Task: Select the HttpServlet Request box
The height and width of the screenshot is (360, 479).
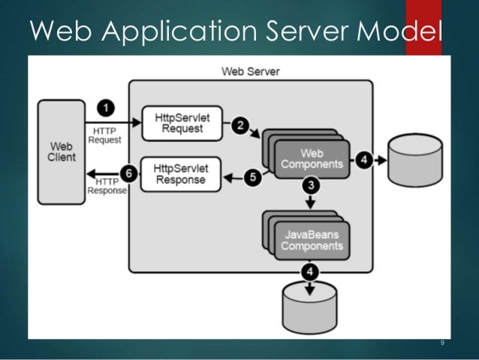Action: point(182,123)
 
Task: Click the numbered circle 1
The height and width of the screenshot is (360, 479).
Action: point(107,108)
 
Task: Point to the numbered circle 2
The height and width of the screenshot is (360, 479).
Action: point(240,126)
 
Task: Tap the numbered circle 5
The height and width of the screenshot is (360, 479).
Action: point(254,177)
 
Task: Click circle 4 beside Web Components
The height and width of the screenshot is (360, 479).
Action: point(363,160)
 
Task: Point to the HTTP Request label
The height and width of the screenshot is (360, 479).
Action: point(104,135)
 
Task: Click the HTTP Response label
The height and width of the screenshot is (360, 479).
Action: point(107,186)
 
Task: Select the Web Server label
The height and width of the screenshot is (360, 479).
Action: point(250,71)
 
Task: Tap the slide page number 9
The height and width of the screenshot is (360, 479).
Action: point(442,343)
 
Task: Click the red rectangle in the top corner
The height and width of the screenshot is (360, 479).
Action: point(423,26)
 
